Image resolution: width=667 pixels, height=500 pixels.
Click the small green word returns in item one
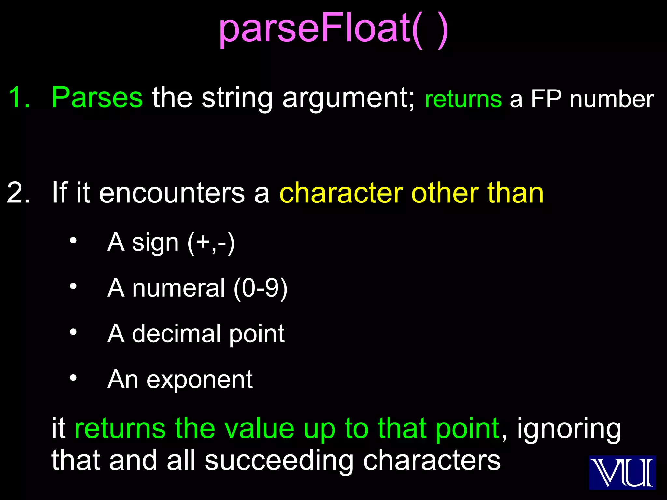(463, 99)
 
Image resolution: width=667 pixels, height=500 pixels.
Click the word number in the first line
(612, 99)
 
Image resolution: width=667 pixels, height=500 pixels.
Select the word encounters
(172, 193)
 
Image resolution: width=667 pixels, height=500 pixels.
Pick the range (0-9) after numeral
(260, 288)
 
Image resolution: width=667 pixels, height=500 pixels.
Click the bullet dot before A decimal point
(73, 332)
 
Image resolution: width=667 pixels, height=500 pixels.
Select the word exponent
(199, 380)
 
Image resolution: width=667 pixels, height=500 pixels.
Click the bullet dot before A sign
(73, 241)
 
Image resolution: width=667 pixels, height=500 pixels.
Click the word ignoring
(569, 429)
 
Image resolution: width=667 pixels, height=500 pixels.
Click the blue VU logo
(622, 472)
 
